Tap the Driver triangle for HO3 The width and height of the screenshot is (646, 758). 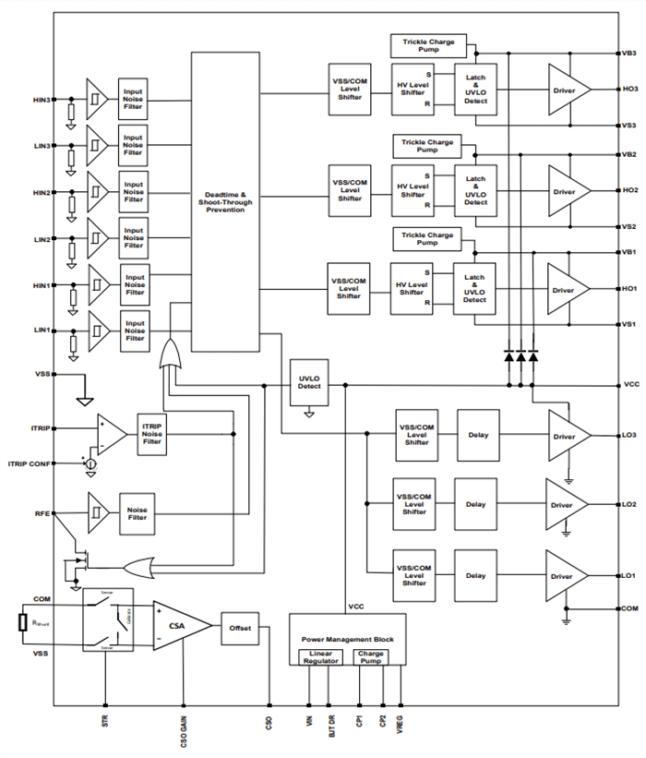(x=566, y=90)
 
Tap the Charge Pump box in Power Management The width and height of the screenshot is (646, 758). (x=371, y=659)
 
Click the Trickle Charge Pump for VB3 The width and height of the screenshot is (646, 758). (x=428, y=44)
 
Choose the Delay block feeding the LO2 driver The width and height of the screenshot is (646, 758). (x=475, y=504)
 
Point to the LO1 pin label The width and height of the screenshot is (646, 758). (x=628, y=575)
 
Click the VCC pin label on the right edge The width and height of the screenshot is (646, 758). (x=630, y=384)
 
